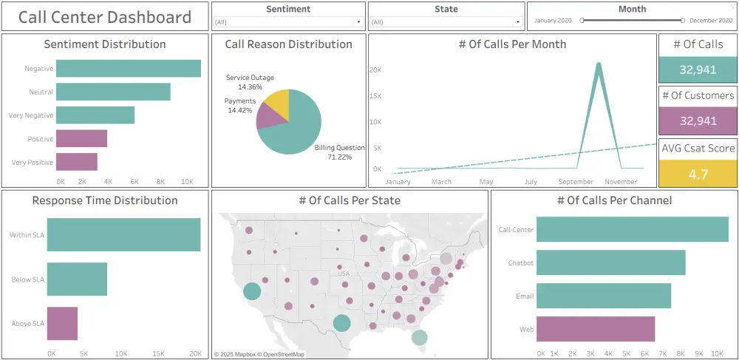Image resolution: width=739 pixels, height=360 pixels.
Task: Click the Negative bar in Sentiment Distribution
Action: point(129,69)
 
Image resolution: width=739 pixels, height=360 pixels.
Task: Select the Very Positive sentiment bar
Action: point(77,162)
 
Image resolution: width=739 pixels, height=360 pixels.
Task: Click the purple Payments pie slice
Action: point(265,117)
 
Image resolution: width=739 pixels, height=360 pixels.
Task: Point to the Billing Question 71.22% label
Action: point(339,152)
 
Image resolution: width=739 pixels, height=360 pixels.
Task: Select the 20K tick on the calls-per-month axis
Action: point(375,69)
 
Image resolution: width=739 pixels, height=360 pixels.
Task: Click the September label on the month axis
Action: point(576,182)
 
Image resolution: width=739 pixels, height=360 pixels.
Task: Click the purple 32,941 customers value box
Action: point(697,120)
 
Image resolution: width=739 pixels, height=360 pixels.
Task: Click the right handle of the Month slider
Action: point(683,21)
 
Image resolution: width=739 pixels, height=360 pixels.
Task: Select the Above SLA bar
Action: point(62,323)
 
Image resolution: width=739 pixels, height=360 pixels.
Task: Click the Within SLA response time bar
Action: point(123,235)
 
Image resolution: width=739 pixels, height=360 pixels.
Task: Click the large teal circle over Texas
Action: point(341,322)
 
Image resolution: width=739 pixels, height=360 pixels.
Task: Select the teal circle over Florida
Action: point(419,337)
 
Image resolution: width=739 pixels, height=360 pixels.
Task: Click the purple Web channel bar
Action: point(596,329)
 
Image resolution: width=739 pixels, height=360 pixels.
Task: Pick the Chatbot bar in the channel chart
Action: point(610,262)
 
